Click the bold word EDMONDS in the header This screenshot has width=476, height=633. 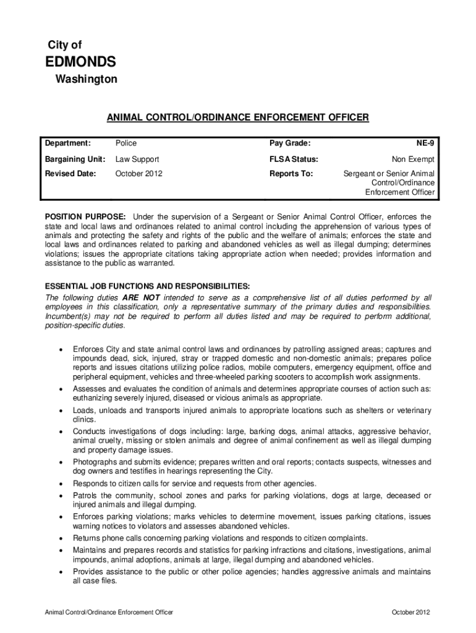point(80,62)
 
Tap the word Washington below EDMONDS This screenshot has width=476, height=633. point(86,80)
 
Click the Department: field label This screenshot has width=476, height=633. point(68,143)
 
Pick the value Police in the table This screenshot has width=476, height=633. point(126,143)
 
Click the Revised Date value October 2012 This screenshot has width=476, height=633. point(138,174)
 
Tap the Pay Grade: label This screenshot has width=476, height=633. point(290,143)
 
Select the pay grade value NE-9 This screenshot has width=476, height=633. point(425,143)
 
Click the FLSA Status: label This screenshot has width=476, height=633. point(294,159)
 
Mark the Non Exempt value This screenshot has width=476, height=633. point(413,159)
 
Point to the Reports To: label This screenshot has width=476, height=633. point(291,174)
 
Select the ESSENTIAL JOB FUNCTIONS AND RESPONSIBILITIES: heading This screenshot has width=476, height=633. point(147,286)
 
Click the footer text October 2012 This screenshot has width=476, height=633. point(410,613)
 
